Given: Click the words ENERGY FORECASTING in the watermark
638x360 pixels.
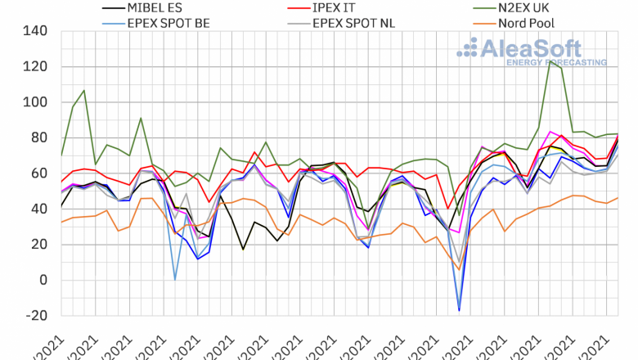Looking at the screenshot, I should (x=556, y=62).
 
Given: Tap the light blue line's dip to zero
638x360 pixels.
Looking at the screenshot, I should (x=175, y=280).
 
